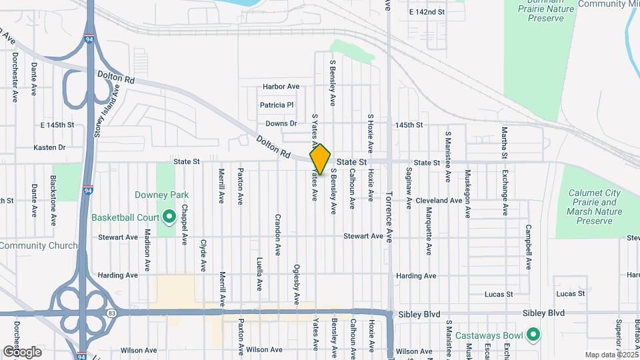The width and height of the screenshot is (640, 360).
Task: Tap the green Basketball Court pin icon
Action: click(169, 217)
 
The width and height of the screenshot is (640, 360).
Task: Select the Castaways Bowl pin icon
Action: click(533, 333)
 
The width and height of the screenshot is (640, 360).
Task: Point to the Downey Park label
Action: click(162, 195)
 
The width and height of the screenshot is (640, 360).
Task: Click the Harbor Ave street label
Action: click(281, 87)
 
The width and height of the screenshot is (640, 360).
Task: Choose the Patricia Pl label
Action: click(277, 105)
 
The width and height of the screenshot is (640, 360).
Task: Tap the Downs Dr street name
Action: click(281, 124)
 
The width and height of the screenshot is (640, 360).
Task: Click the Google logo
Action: click(22, 351)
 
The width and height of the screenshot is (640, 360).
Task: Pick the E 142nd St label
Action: click(427, 12)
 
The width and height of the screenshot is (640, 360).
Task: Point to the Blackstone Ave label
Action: click(53, 201)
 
